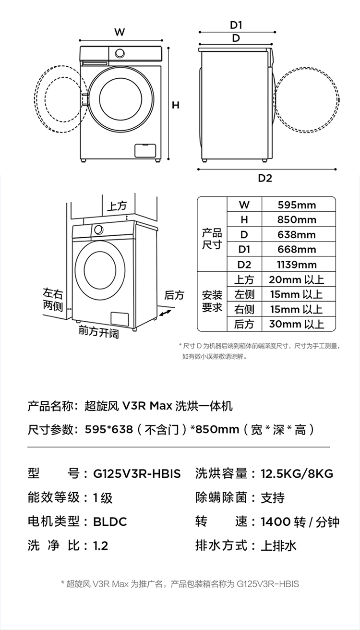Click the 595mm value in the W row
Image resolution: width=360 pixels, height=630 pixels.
click(297, 205)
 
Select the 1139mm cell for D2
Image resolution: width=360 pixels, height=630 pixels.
click(297, 265)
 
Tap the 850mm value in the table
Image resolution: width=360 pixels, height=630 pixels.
click(297, 219)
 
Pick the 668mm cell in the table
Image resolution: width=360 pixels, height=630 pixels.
click(297, 249)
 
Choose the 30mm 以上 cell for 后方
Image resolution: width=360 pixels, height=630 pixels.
click(297, 324)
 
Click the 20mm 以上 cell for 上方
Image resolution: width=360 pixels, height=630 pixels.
click(297, 279)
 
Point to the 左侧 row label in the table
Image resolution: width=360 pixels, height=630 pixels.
click(244, 294)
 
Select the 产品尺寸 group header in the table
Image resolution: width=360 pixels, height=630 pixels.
click(212, 239)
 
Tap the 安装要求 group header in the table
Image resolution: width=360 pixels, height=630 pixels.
click(212, 301)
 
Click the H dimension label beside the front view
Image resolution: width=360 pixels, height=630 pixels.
click(176, 105)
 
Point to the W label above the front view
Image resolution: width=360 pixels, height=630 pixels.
click(120, 32)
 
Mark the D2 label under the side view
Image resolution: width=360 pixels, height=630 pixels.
click(265, 178)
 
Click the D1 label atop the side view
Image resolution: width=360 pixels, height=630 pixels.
click(236, 25)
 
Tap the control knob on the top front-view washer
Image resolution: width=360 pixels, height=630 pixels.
click(120, 53)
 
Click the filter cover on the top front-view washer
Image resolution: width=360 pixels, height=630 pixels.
click(145, 150)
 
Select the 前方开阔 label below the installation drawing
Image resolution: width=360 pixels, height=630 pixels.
click(99, 332)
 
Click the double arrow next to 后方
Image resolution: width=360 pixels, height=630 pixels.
click(166, 313)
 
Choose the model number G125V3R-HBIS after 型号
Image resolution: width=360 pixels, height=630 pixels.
click(137, 473)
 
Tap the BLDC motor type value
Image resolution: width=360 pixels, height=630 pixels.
click(110, 521)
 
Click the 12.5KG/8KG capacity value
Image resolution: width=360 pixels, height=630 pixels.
click(297, 473)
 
